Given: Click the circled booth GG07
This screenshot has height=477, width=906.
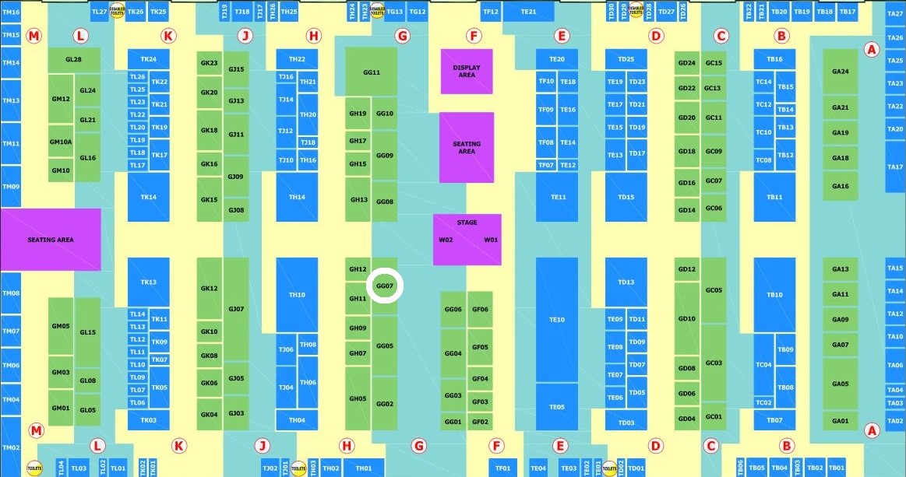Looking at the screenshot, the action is pyautogui.click(x=385, y=286).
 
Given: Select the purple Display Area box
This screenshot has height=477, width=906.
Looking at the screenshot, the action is pyautogui.click(x=467, y=72).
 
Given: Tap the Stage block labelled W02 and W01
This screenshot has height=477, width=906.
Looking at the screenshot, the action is pyautogui.click(x=467, y=239).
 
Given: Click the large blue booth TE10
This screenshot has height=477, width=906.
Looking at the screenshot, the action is pyautogui.click(x=557, y=320).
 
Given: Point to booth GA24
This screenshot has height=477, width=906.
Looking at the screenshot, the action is pyautogui.click(x=840, y=72).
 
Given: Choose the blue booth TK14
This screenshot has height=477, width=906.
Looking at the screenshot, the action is pyautogui.click(x=148, y=197).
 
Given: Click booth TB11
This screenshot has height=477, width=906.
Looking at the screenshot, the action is pyautogui.click(x=774, y=197).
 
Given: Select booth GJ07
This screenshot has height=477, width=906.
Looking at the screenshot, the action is pyautogui.click(x=236, y=309).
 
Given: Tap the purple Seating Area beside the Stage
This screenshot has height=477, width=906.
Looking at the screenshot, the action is pyautogui.click(x=467, y=147).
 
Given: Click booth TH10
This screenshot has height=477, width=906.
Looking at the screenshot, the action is pyautogui.click(x=297, y=295).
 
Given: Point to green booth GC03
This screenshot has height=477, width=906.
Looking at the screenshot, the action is pyautogui.click(x=714, y=363).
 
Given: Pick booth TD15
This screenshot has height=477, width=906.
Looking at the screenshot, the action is pyautogui.click(x=626, y=197).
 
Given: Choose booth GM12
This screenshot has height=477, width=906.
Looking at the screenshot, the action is pyautogui.click(x=61, y=99).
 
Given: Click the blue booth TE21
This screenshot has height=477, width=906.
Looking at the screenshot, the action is pyautogui.click(x=528, y=12).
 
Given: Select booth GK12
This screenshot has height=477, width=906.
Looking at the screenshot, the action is pyautogui.click(x=209, y=289).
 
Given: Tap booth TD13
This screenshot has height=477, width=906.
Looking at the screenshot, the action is pyautogui.click(x=626, y=282).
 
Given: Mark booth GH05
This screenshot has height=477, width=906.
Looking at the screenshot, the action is pyautogui.click(x=358, y=398).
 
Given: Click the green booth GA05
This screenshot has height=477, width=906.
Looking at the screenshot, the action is pyautogui.click(x=840, y=384).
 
